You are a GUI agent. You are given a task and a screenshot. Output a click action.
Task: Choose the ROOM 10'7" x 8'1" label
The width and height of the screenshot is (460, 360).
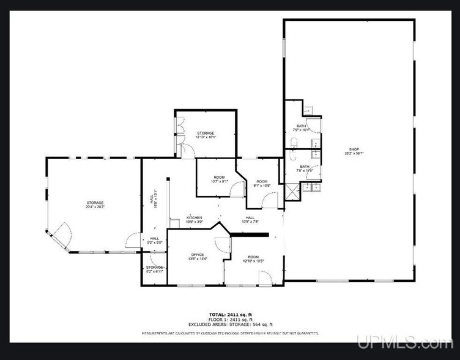(x=219, y=179)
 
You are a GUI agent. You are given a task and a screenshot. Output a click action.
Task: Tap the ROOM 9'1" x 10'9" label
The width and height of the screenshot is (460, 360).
(x=262, y=182)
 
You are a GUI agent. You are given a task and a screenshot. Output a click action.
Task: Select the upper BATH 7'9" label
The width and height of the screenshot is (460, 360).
(x=302, y=127)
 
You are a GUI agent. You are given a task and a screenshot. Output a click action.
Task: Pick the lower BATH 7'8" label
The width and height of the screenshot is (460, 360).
(x=304, y=168)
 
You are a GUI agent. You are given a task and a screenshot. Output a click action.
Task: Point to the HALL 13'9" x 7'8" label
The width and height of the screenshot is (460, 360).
(x=250, y=219)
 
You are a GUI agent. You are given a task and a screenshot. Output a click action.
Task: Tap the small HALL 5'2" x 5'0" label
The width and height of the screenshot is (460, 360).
(x=154, y=240)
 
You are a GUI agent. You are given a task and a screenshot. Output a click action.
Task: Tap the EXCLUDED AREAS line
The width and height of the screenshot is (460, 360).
(x=231, y=324)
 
